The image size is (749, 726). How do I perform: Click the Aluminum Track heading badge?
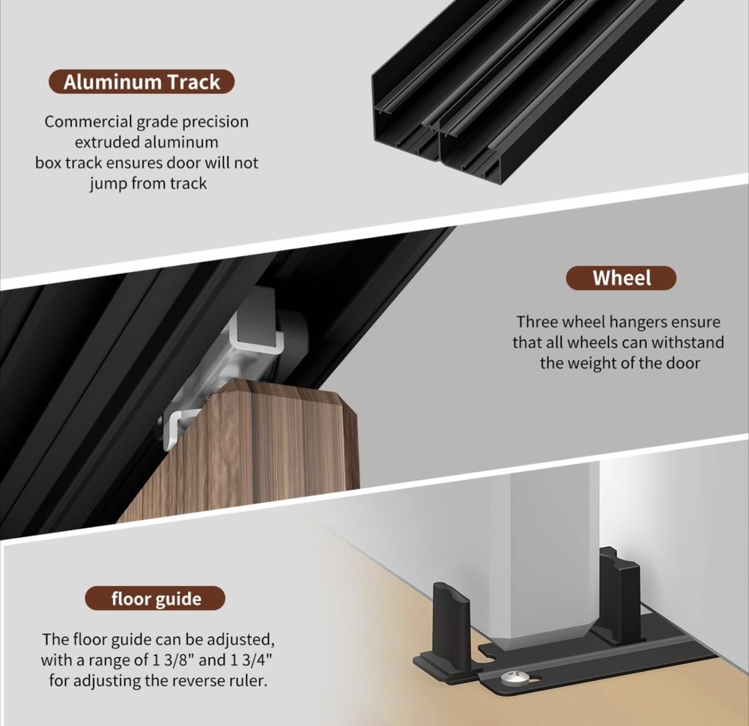(142, 82)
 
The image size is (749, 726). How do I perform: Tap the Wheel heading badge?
(621, 278)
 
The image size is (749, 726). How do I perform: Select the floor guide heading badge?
(155, 599)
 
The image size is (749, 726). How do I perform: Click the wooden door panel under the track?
(249, 454)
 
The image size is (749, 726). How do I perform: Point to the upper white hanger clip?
(255, 335)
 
